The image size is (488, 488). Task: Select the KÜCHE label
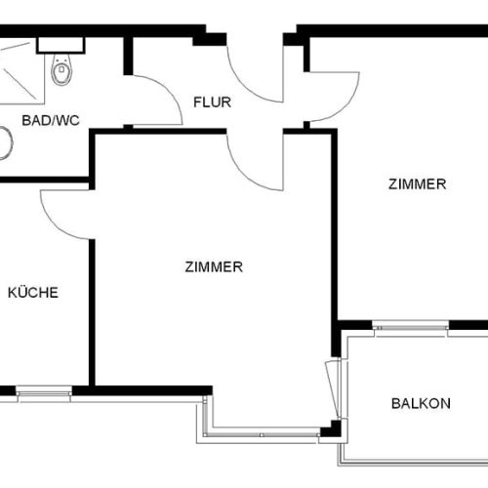click(x=33, y=292)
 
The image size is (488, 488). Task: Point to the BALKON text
click(x=421, y=402)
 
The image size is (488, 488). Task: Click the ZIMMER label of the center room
click(x=213, y=266)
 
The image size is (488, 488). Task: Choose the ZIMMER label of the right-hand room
click(x=417, y=183)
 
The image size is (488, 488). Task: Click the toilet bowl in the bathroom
click(x=61, y=70)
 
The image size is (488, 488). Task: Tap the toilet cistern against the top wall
click(x=61, y=45)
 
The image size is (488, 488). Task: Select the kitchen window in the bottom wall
click(x=44, y=392)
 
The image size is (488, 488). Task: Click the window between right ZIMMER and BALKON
click(x=411, y=326)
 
